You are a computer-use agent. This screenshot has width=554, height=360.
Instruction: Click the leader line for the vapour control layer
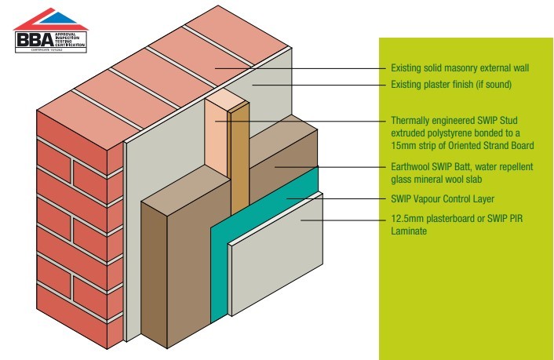coord(337,198)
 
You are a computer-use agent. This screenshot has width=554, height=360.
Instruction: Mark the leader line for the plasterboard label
coord(345,220)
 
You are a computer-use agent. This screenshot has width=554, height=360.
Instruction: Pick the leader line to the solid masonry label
coord(298,68)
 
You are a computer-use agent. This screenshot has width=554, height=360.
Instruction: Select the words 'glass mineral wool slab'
coord(436,177)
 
